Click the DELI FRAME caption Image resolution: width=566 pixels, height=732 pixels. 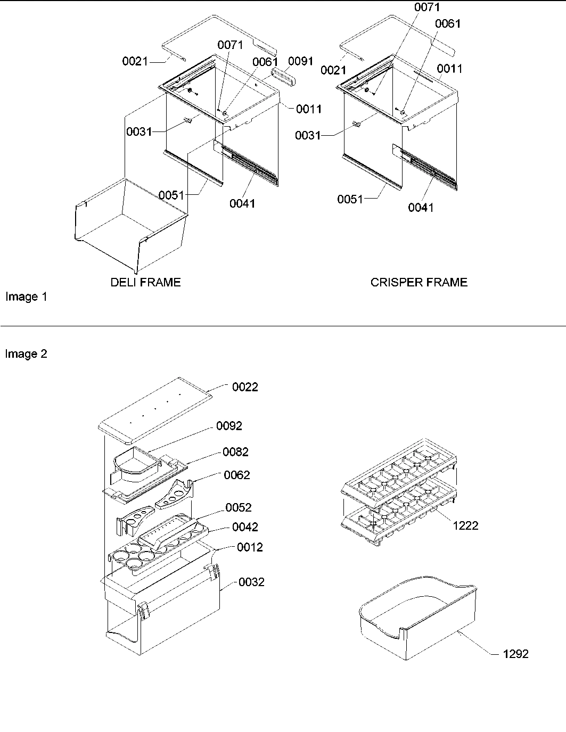(145, 282)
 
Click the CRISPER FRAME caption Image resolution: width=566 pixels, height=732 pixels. (419, 282)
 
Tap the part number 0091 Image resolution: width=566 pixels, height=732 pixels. (301, 61)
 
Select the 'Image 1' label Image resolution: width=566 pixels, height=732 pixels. (26, 297)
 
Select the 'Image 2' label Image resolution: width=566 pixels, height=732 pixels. (26, 354)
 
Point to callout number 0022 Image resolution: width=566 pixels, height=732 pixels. (245, 387)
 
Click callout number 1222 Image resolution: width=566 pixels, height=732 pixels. (465, 525)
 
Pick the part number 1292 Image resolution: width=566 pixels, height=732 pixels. (515, 654)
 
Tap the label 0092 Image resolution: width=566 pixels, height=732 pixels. (229, 426)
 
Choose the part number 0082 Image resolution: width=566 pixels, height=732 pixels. (235, 452)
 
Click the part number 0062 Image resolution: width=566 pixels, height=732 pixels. (237, 475)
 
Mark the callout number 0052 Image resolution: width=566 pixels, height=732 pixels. (239, 507)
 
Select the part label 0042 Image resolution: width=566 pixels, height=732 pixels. (245, 527)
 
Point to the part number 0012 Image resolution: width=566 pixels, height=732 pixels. (250, 547)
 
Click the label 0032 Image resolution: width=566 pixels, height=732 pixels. (251, 582)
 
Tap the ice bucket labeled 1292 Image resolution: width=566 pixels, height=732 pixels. (418, 612)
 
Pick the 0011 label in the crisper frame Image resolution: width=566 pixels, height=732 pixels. (450, 69)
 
